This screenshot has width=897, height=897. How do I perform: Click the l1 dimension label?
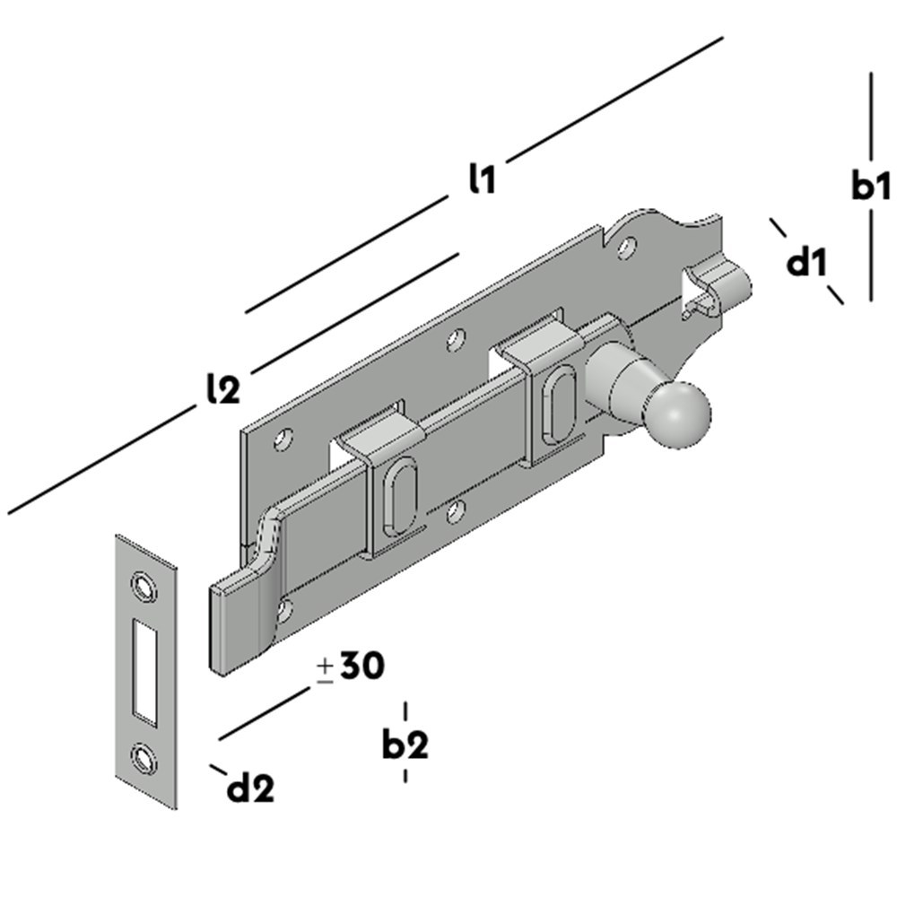pyautogui.click(x=482, y=179)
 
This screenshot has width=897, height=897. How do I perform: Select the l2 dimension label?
pyautogui.click(x=221, y=389)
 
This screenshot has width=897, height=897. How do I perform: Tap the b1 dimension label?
pyautogui.click(x=870, y=187)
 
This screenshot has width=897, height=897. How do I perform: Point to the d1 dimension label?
pyautogui.click(x=806, y=264)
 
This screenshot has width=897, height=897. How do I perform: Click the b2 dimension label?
pyautogui.click(x=405, y=744)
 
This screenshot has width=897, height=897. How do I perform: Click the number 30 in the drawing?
pyautogui.click(x=361, y=666)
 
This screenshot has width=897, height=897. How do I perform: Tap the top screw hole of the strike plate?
pyautogui.click(x=143, y=583)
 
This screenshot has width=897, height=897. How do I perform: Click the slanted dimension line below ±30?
pyautogui.click(x=265, y=714)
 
